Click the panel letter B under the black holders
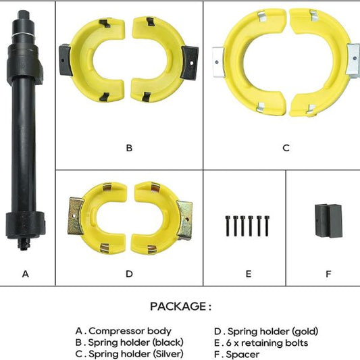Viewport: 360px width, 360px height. coord(129,148)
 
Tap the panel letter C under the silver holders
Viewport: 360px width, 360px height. coord(286,148)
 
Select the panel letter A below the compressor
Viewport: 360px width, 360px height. coord(26,274)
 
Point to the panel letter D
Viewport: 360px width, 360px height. coord(129,274)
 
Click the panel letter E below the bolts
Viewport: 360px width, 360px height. coord(249,274)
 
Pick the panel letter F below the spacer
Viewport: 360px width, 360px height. coord(328,274)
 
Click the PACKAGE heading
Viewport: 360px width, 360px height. coord(181,306)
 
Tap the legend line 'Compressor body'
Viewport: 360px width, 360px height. coord(130,331)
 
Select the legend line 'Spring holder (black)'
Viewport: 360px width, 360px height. coord(136,342)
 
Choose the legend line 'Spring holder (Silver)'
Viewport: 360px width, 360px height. coord(136,354)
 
